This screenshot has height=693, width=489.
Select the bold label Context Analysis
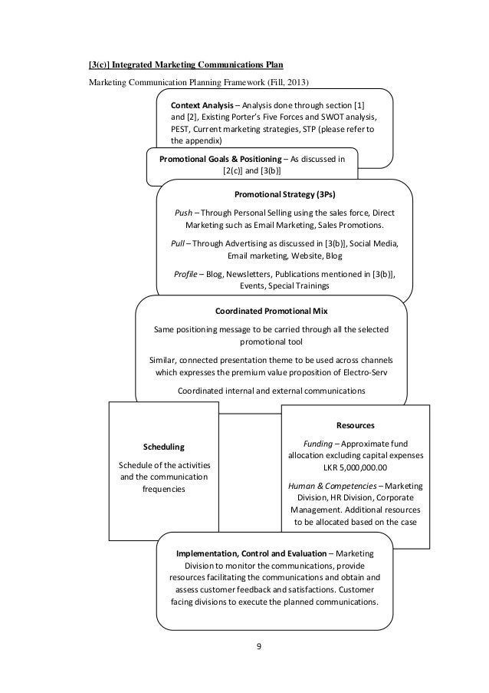point(202,104)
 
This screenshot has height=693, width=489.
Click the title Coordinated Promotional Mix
point(271,311)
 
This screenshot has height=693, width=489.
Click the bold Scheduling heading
point(164,446)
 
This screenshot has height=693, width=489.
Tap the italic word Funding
point(310,443)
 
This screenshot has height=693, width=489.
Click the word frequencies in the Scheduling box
point(164,489)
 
